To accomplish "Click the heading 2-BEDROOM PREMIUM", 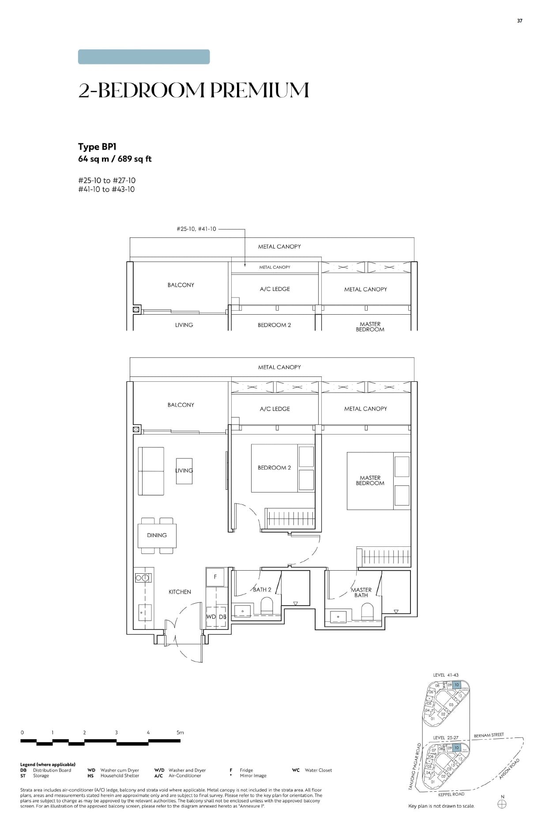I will [x=193, y=90].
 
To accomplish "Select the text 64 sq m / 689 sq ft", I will [x=115, y=159].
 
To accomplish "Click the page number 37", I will [x=519, y=21].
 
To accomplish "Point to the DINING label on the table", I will [x=157, y=535].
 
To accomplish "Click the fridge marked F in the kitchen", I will [x=215, y=577].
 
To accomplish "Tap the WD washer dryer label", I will [x=211, y=617].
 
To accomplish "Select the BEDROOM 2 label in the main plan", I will [x=274, y=467].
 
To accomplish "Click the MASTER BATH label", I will [x=361, y=592].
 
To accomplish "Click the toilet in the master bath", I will [x=367, y=612].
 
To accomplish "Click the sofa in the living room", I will [x=151, y=471].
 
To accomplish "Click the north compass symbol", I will [x=502, y=804].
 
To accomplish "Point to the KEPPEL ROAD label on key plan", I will [x=451, y=794].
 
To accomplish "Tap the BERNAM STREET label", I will [x=489, y=735].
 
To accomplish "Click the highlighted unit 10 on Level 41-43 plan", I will [x=457, y=685].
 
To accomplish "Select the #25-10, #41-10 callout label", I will [x=196, y=229].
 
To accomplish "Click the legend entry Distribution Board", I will [x=52, y=770].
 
